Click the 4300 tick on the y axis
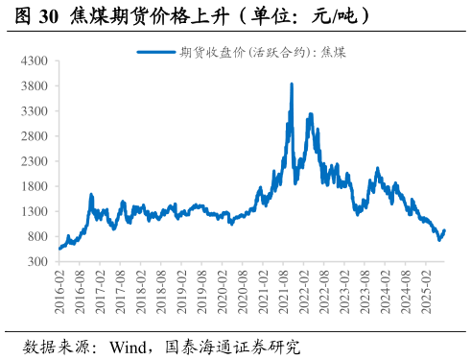(35, 60)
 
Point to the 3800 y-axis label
(35, 85)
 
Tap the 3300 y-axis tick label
(35, 111)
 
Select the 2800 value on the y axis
(35, 136)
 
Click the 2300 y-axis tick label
(35, 161)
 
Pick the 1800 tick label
(35, 186)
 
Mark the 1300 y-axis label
(35, 211)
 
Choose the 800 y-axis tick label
(38, 236)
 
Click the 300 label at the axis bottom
(38, 261)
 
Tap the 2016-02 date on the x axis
(60, 288)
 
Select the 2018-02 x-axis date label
(141, 288)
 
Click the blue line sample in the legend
(156, 52)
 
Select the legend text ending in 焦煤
(262, 52)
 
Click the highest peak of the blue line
(292, 84)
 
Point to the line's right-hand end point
(444, 230)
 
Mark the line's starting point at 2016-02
(59, 249)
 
